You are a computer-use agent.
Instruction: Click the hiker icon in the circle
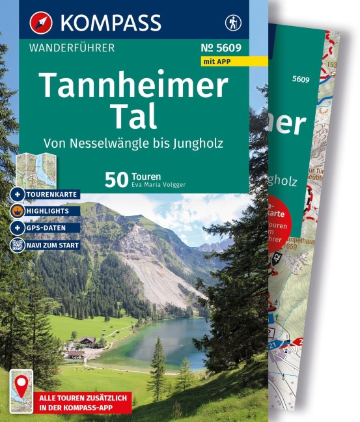[x=232, y=22]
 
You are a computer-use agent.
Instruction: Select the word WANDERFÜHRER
[x=72, y=48]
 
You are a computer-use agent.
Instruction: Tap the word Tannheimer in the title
[x=133, y=85]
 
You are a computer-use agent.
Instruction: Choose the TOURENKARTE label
[x=53, y=195]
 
